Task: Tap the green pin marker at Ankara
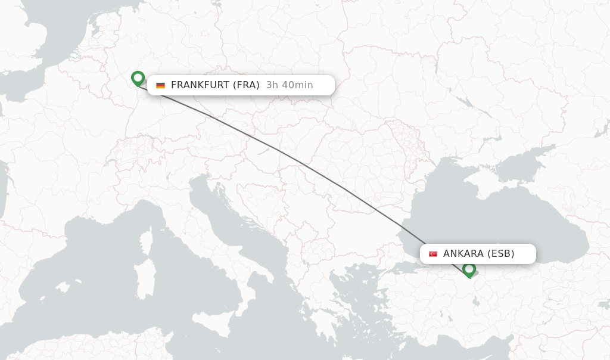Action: (469, 269)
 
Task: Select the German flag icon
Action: (160, 85)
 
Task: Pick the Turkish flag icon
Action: (433, 254)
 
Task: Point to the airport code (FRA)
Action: (246, 85)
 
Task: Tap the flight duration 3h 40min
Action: (290, 85)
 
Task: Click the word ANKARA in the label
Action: (463, 253)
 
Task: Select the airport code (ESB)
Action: (501, 253)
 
